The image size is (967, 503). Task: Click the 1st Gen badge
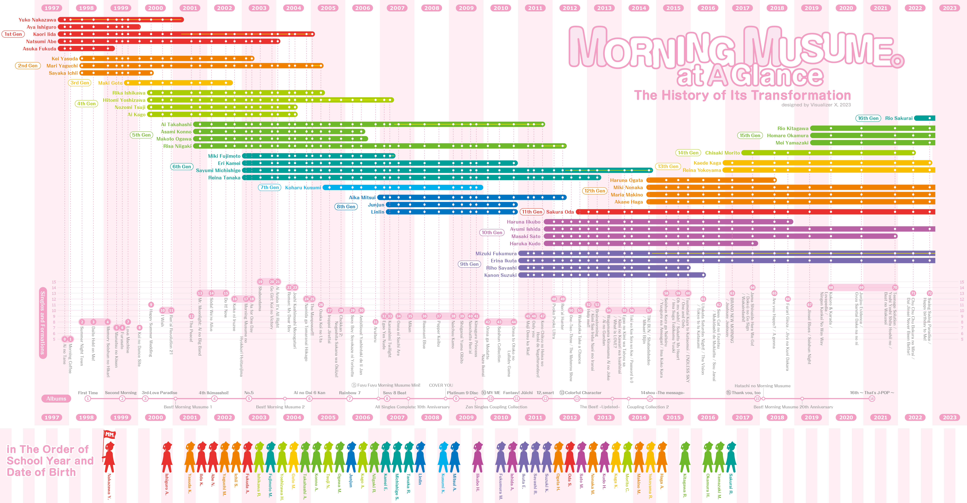point(13,34)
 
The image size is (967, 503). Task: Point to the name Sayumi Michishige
point(218,170)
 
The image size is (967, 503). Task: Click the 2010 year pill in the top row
point(501,8)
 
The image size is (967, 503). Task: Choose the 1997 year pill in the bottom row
point(52,417)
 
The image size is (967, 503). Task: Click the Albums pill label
point(56,399)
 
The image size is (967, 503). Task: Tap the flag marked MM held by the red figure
point(110,435)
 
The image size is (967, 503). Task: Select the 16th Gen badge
point(868,118)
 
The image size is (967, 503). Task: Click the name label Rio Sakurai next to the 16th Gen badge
point(899,118)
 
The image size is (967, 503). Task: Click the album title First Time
point(88,393)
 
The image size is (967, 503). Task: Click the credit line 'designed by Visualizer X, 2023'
point(816,105)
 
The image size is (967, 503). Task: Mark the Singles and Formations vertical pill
point(43,323)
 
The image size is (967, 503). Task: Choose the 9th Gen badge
point(469,264)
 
